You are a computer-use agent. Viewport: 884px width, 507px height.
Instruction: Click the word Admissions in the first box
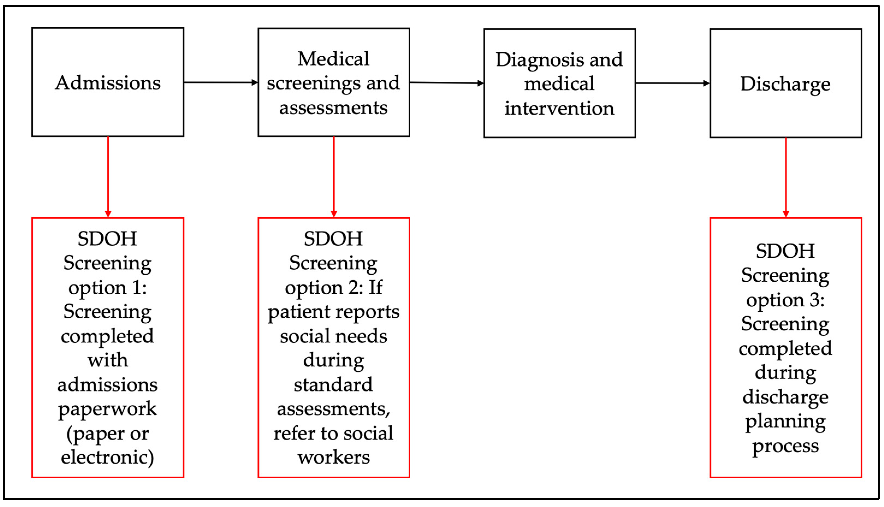coord(108,83)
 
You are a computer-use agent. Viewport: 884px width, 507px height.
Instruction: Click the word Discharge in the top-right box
coord(785,84)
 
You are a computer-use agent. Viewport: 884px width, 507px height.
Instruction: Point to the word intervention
coord(559,108)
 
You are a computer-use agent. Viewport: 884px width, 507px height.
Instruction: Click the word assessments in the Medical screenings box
coord(333,108)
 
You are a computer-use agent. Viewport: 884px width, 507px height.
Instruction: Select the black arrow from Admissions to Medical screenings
coord(220,83)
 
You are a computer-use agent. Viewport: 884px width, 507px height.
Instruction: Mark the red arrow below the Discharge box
coord(786,178)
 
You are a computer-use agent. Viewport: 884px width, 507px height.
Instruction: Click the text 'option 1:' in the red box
coord(107,288)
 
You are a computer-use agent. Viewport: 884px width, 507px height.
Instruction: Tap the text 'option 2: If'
coord(333,288)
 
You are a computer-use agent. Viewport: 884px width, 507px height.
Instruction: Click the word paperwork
coord(107,409)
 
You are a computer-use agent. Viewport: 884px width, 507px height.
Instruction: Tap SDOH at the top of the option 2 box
coord(333,239)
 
